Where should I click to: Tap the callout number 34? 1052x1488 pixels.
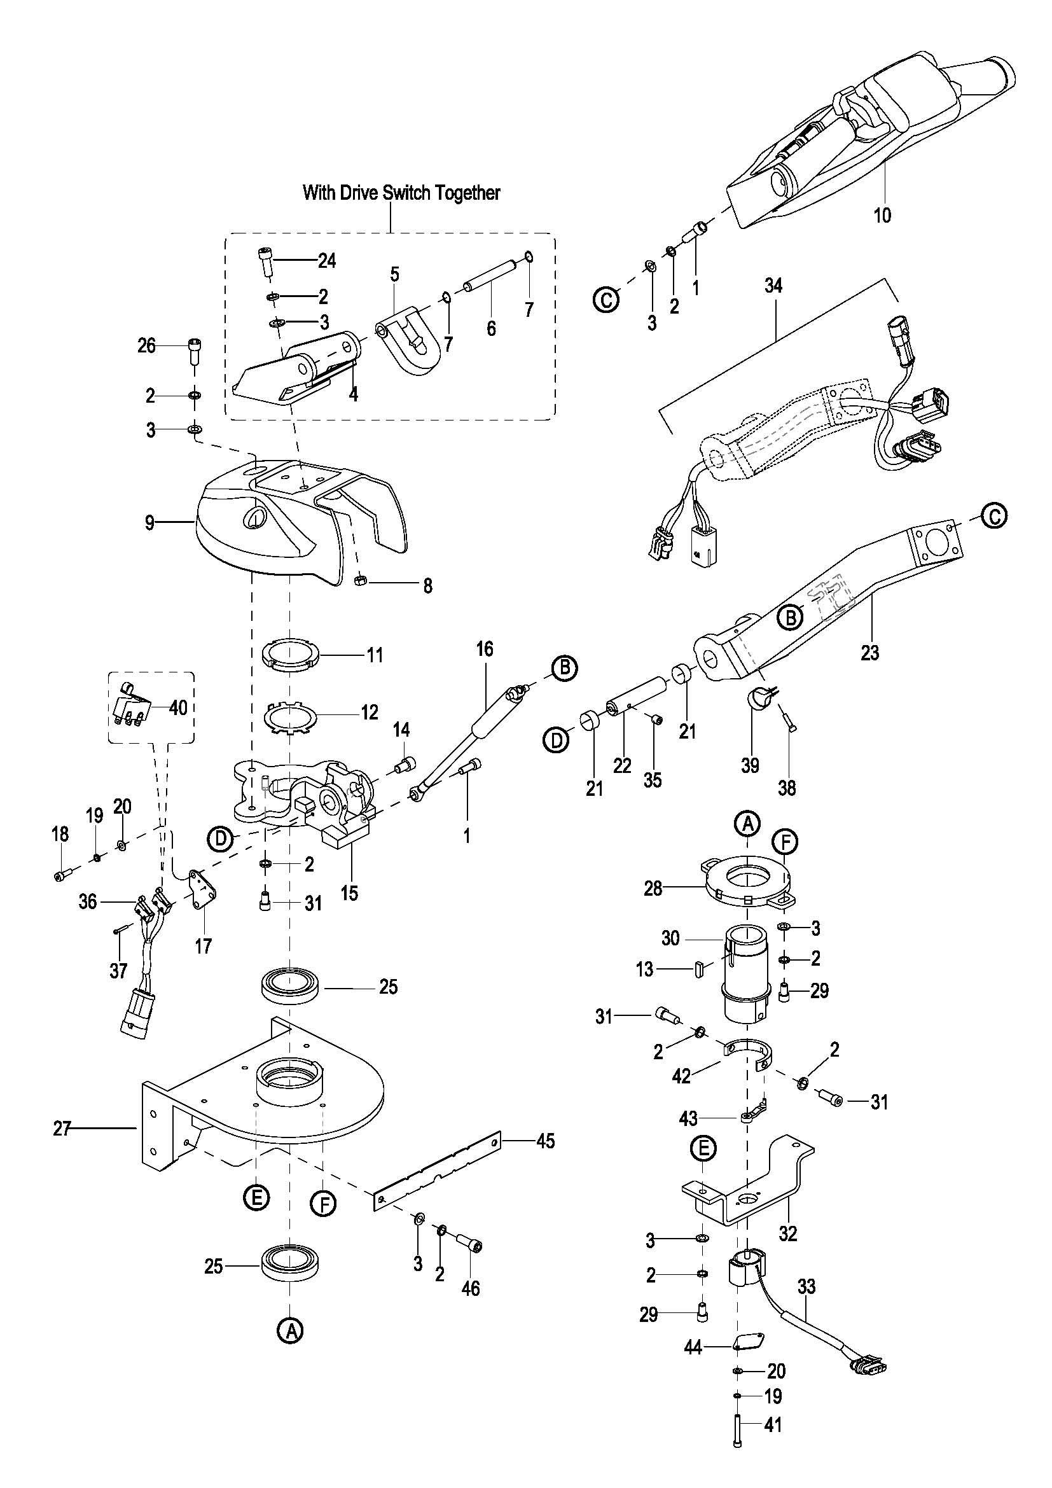pos(773,286)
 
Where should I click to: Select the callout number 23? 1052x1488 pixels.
pos(870,653)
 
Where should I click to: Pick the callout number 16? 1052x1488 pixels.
pos(485,649)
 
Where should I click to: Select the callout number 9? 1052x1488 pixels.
pos(150,522)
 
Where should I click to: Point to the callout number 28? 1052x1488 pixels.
pos(653,888)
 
